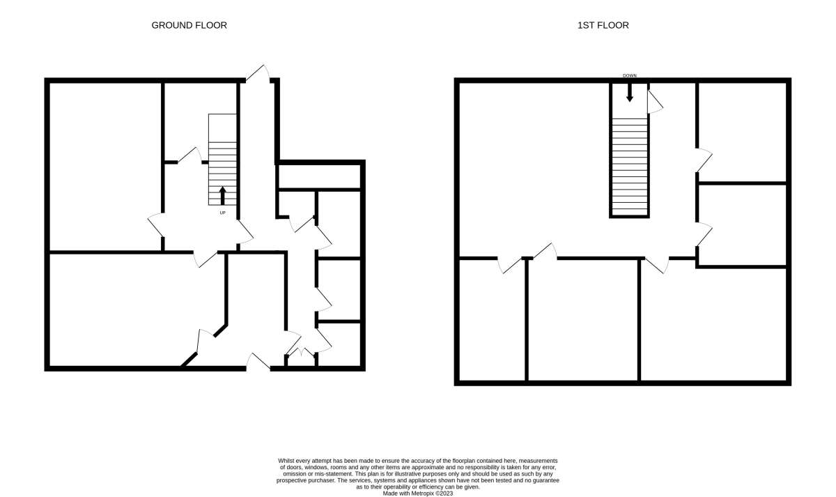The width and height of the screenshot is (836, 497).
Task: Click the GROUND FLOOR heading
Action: [x=189, y=25]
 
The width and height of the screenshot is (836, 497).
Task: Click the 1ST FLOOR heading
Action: [x=603, y=25]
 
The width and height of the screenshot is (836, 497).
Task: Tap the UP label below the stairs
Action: [x=222, y=213]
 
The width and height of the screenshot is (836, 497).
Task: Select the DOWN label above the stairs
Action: [x=630, y=76]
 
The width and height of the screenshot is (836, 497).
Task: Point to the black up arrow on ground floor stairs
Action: [x=222, y=196]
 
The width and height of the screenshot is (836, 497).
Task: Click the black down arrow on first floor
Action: [x=630, y=92]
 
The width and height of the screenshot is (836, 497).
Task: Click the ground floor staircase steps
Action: [x=222, y=174]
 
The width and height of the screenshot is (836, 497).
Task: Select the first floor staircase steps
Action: [x=630, y=167]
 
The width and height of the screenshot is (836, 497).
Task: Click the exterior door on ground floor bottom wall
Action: [x=258, y=362]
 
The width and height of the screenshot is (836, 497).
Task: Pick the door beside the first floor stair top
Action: [x=655, y=102]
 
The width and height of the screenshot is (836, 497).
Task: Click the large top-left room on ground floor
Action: [x=105, y=167]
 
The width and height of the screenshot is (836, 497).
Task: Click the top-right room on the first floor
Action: [x=743, y=132]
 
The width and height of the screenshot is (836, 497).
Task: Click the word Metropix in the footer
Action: [x=422, y=494]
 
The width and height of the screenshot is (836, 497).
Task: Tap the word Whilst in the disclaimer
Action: [x=286, y=461]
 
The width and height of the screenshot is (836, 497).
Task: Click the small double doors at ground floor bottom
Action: [x=301, y=352]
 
